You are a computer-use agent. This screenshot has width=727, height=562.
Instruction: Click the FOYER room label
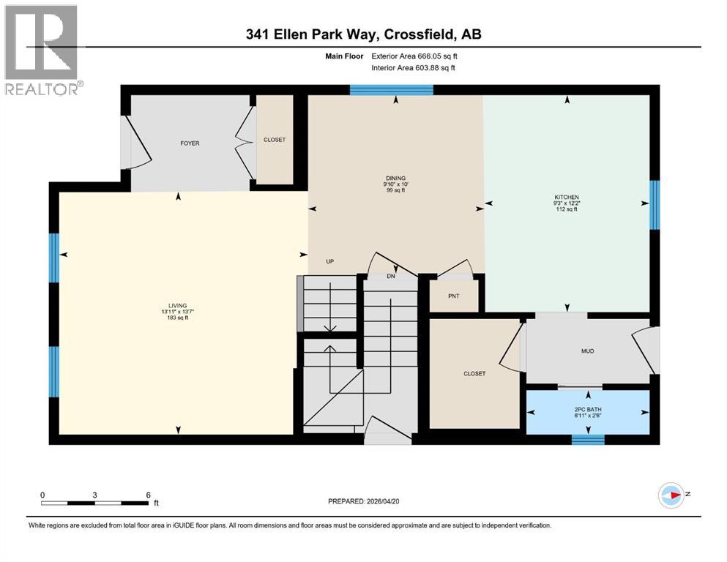pos(189,143)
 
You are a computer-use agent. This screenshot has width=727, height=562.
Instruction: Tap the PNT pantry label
pos(454,296)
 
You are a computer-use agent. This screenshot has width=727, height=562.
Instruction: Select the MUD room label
pos(587,351)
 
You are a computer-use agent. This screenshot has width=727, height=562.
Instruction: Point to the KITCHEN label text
pos(567,198)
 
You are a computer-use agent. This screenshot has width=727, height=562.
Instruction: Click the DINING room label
pos(395,178)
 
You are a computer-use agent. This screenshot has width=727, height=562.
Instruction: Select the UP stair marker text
pos(330,261)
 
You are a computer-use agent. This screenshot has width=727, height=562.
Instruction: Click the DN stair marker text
pos(391,277)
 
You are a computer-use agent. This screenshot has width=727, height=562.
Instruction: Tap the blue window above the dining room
pos(391,90)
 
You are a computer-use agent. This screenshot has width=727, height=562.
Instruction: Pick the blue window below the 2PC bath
pos(587,440)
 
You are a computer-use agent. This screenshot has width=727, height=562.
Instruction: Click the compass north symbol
pos(672,495)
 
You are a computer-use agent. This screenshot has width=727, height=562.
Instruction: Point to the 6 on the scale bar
pos(148,495)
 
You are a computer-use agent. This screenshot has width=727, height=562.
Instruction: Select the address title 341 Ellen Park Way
pos(363,34)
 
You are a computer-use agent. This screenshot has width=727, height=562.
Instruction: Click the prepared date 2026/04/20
pos(363,501)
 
